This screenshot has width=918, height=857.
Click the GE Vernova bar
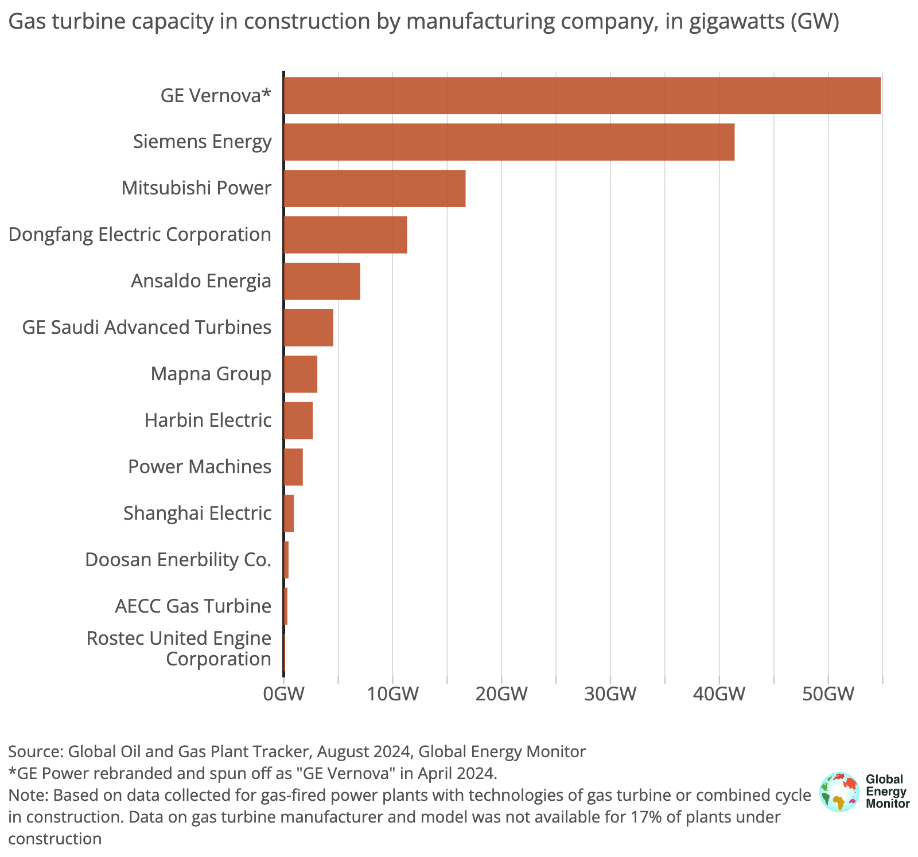582,95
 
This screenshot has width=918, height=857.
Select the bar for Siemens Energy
509,142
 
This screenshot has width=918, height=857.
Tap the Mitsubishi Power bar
375,188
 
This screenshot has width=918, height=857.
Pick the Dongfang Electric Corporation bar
345,235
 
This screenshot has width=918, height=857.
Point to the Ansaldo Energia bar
322,281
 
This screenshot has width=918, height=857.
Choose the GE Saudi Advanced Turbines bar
309,328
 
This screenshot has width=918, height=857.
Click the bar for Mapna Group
301,374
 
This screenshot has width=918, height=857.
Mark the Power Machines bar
293,467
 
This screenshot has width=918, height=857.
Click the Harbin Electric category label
208,420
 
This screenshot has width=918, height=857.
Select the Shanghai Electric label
197,513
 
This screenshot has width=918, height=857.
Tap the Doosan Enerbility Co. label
178,560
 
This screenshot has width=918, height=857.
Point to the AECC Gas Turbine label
193,606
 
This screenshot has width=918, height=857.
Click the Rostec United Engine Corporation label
178,648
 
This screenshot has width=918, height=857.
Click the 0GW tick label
283,694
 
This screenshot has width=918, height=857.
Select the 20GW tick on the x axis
501,694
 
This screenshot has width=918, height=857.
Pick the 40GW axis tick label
719,694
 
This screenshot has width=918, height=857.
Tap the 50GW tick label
828,694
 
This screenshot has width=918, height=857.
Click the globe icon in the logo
839,792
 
